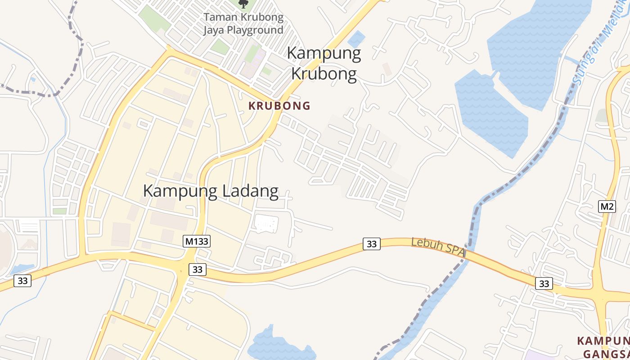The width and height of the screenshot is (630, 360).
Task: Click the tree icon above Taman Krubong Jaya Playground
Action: pos(243,4)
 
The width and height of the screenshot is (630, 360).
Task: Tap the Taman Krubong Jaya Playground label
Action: pos(243,24)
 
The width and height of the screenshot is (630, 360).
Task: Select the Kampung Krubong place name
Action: pos(324,63)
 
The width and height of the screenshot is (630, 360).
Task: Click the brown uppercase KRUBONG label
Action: pos(279,106)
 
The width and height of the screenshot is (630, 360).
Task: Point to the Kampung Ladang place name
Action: pos(211,191)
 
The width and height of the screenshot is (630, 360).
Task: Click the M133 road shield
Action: pos(197,241)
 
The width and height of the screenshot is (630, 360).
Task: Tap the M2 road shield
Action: pos(607,207)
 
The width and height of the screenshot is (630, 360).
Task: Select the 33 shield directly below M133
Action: pos(197,270)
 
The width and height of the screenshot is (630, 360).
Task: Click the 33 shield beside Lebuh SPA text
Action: pos(372,244)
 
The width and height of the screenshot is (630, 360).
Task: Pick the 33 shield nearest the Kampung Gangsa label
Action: pos(544,283)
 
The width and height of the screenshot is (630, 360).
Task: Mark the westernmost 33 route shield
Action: pos(22,281)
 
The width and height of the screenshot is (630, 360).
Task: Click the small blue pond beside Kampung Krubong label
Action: pos(356,39)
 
